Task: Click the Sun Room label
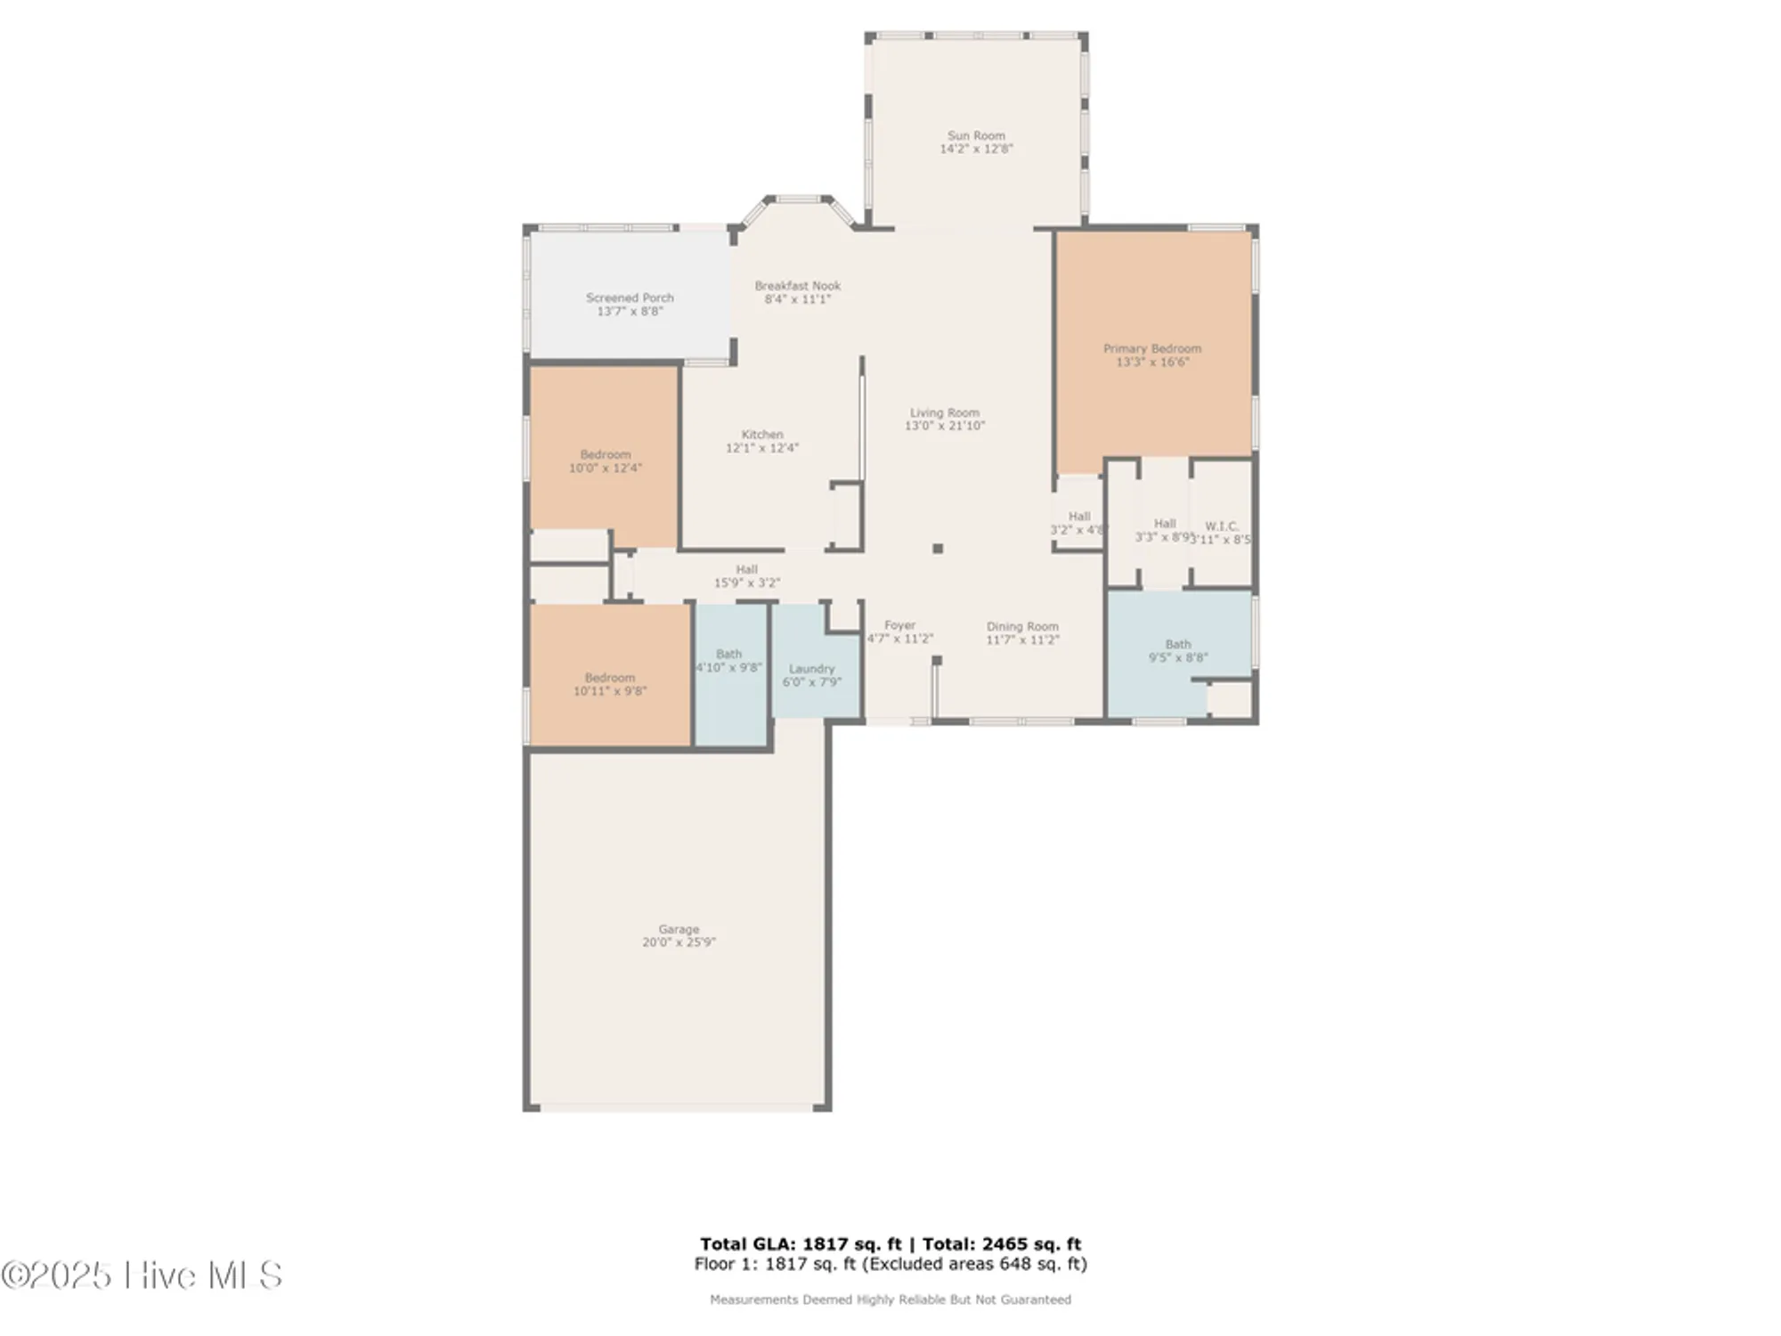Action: pos(976,136)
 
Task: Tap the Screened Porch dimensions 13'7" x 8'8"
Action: pos(630,312)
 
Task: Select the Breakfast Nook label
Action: pos(797,286)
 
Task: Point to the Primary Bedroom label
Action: pos(1152,348)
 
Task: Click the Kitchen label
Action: pos(761,435)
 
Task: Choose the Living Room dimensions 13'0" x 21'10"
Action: pos(944,427)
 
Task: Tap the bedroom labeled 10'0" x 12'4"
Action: pos(605,460)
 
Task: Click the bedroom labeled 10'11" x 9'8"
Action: pos(609,684)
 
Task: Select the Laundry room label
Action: pos(811,669)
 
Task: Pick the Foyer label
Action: pos(899,625)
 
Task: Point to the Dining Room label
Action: pos(1022,626)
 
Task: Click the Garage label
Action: pos(679,929)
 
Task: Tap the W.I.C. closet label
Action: pos(1221,526)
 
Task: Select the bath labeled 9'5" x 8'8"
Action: pos(1177,650)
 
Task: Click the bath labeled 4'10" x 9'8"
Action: pos(728,660)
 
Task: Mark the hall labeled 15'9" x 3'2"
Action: pos(746,576)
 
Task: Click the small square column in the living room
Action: pos(938,549)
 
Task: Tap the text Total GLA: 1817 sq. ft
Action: pos(800,1244)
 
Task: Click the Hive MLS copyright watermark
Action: pos(142,1275)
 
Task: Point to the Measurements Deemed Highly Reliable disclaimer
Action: pos(890,1299)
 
